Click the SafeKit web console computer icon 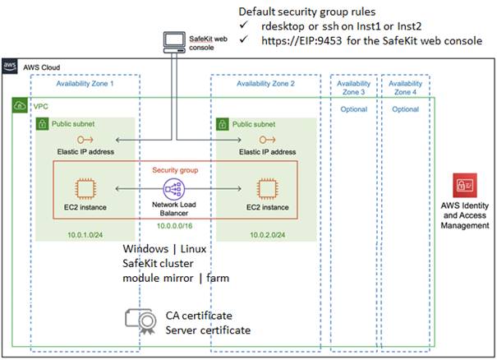[174, 41]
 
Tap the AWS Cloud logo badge [10, 66]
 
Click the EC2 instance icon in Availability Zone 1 [81, 188]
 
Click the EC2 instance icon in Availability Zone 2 [266, 188]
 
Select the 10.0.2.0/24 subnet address [267, 234]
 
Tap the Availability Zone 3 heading [354, 88]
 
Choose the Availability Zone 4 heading [406, 88]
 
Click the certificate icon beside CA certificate [139, 321]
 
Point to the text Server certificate [208, 330]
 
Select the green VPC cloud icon [18, 106]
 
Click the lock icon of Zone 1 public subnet [41, 124]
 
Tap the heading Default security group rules [306, 12]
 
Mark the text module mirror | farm [176, 278]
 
